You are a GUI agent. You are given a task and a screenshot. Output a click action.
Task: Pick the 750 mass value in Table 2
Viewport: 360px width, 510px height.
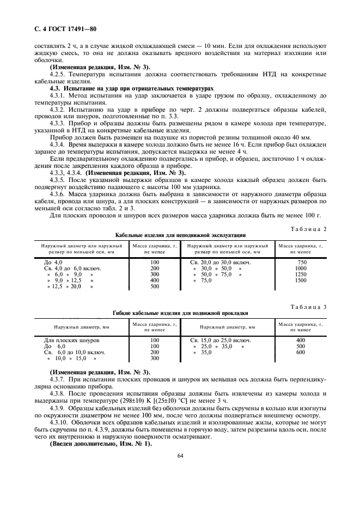click(x=301, y=262)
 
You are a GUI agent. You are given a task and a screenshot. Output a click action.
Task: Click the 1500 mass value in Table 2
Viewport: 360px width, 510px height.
click(x=301, y=280)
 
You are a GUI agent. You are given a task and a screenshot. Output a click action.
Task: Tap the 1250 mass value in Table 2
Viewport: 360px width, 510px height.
click(x=301, y=274)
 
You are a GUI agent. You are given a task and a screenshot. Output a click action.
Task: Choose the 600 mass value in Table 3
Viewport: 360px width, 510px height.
click(x=301, y=353)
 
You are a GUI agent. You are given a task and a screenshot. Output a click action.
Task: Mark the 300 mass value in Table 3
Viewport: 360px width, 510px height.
click(x=154, y=359)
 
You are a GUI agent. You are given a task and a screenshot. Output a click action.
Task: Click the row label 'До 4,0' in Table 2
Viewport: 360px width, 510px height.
click(x=53, y=262)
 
